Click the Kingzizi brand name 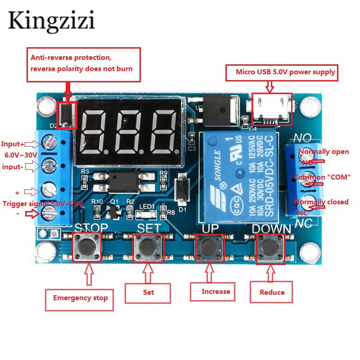click(51, 22)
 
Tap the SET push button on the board click(148, 246)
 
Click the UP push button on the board click(209, 246)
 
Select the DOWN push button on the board click(271, 246)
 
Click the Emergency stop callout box click(80, 297)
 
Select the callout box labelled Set click(148, 292)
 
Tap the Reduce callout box click(272, 292)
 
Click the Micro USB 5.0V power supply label click(285, 72)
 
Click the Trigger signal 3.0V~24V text click(43, 203)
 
